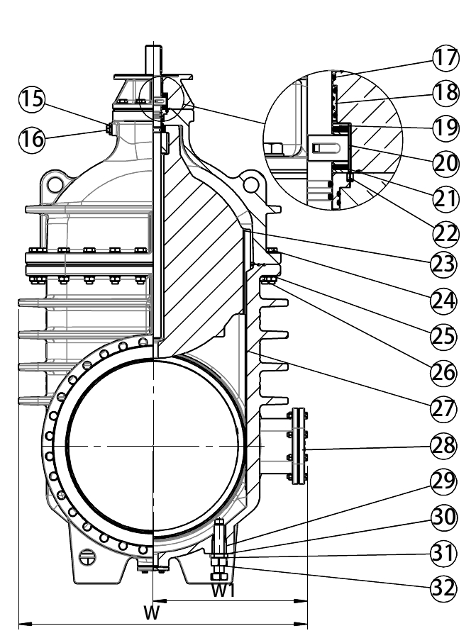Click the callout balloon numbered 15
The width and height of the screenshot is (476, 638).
point(31,99)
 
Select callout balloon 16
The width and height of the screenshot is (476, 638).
point(31,139)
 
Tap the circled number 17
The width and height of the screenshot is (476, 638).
point(445,57)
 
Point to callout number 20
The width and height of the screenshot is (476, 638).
point(445,163)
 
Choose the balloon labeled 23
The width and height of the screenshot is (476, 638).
point(444,264)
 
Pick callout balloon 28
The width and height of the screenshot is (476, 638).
point(444,446)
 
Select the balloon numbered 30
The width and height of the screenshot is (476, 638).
point(444,517)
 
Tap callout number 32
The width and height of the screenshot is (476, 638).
point(444,588)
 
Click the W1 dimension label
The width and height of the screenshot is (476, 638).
point(223,591)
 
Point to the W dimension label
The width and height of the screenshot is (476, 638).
point(151,612)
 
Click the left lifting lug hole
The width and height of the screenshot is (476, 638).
point(55,185)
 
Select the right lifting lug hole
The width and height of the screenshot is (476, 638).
point(252,185)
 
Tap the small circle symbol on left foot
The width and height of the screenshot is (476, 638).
point(87,556)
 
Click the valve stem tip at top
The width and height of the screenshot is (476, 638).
point(153,45)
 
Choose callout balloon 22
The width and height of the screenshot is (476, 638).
point(445,235)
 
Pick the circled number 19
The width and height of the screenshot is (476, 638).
point(445,128)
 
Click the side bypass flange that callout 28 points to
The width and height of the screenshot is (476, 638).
point(299,447)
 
